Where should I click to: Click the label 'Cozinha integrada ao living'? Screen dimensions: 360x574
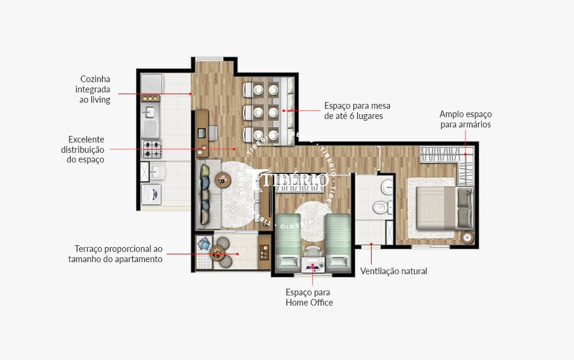(95, 89)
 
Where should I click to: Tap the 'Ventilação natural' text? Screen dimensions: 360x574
(393, 271)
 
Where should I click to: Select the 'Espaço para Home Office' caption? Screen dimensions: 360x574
(309, 297)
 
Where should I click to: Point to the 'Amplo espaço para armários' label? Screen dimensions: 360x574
(465, 119)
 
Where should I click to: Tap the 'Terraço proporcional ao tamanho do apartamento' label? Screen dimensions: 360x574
(118, 254)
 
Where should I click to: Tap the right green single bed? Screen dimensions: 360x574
(337, 240)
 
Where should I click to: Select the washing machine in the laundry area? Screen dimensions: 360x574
(150, 194)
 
